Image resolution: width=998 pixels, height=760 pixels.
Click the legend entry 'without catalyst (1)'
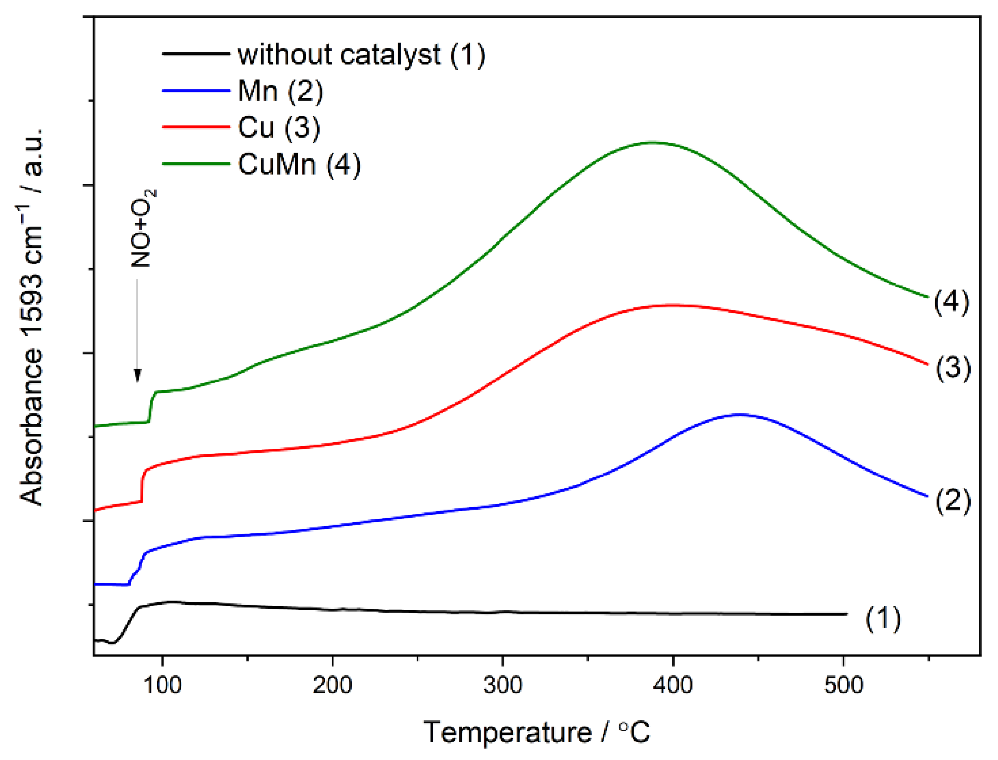(361, 54)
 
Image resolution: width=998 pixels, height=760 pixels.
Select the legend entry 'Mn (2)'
(280, 91)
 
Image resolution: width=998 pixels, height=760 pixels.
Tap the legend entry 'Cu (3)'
(278, 128)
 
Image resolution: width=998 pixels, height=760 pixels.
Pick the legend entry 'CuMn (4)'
(299, 165)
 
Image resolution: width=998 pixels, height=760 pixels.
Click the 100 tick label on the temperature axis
(162, 685)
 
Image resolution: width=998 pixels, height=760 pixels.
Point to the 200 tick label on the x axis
(332, 685)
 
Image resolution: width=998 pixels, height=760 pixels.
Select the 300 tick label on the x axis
(502, 685)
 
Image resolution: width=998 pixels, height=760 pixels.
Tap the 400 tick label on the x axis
(673, 685)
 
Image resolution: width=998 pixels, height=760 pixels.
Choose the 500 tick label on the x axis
(843, 685)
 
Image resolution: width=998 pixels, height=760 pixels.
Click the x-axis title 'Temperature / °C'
(537, 732)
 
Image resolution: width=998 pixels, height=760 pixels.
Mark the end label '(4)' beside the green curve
(951, 301)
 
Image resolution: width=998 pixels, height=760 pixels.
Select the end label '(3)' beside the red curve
(953, 368)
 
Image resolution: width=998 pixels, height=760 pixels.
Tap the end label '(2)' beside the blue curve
(953, 500)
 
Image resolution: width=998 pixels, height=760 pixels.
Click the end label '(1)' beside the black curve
(883, 618)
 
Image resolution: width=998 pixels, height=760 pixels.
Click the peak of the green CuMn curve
(651, 143)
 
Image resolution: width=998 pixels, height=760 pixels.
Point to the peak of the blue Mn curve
(740, 414)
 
